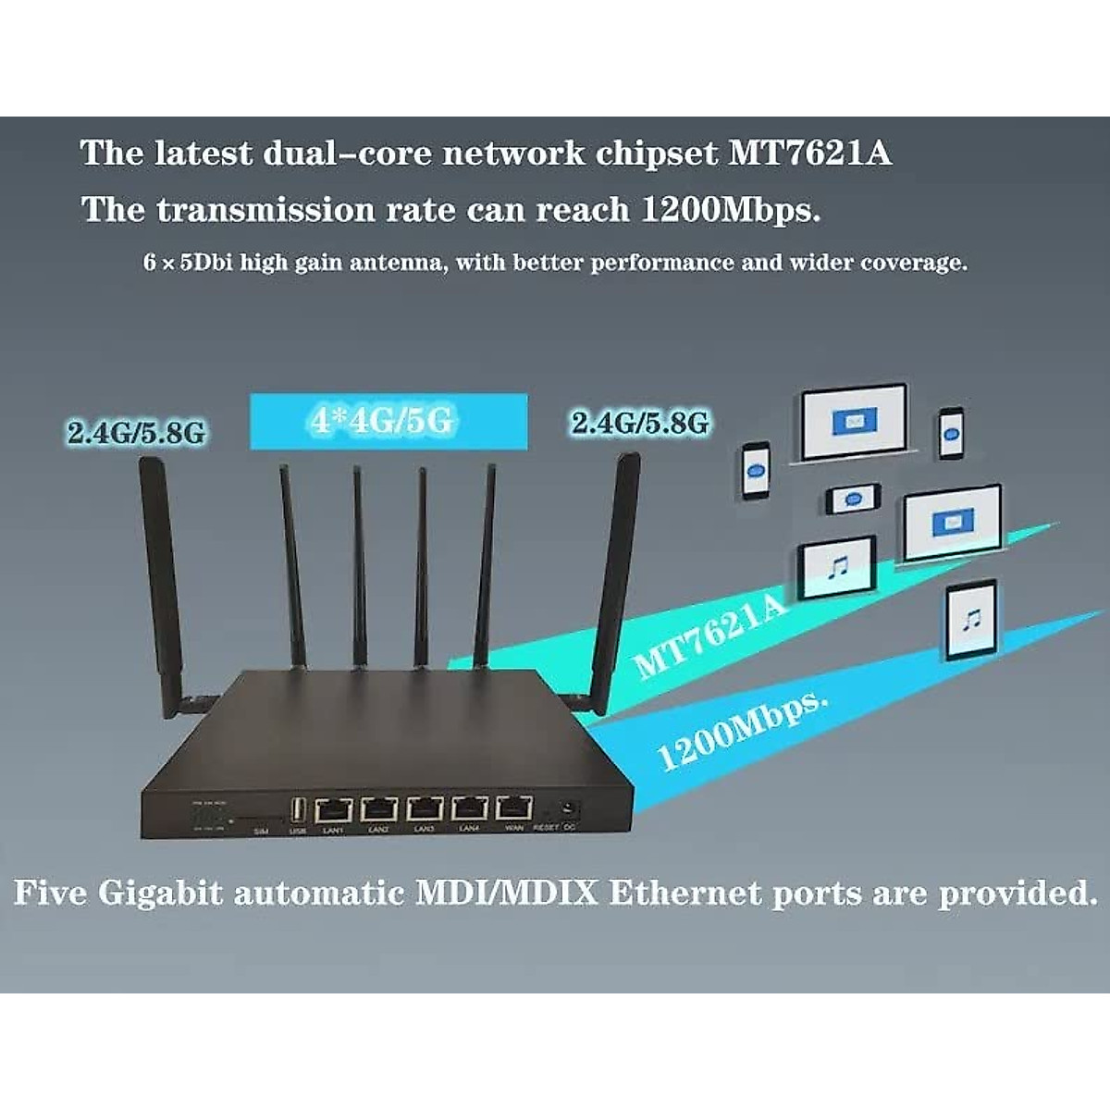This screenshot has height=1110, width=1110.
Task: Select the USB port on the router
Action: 297,811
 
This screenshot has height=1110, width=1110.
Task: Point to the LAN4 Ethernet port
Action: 469,810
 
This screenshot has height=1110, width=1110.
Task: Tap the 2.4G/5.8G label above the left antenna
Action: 136,432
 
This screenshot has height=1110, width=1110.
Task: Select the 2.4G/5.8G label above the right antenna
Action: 640,424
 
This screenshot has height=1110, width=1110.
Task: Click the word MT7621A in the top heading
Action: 810,153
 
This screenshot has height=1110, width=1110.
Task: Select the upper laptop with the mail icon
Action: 853,424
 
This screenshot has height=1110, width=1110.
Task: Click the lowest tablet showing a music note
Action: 971,620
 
